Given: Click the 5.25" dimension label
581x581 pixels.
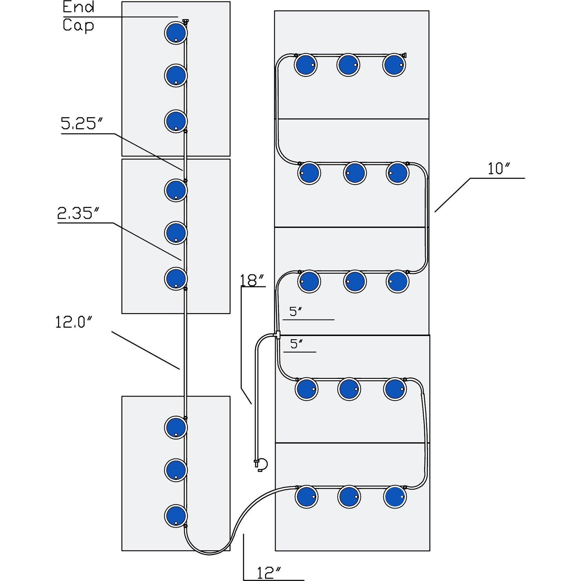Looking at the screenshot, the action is coord(82,124).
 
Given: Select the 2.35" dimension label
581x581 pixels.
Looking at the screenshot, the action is coord(78,213).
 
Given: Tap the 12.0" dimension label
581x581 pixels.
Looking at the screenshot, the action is coord(74,322).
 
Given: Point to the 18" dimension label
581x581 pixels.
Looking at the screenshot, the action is coord(252,280).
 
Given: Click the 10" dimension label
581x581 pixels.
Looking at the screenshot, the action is coord(499,168).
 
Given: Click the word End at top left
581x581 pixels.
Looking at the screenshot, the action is coord(78,7).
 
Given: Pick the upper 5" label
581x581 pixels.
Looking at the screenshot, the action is coord(296,311).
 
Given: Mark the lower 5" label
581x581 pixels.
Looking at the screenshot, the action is coord(297,344).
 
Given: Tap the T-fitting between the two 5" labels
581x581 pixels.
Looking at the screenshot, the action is coord(277,335).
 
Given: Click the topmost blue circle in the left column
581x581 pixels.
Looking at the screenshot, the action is coord(176,33).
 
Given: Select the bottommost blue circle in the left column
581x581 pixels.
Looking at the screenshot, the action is coord(176,515).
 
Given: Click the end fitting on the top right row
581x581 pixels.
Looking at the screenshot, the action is coord(404,55).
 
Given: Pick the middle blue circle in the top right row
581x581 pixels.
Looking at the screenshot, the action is coord(348,65).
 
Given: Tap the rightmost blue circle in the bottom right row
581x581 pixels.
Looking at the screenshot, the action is coord(395,497).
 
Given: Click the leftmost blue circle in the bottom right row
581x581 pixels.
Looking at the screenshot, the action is coord(306,497).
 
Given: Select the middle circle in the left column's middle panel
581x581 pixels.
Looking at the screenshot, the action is coord(176,233).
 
